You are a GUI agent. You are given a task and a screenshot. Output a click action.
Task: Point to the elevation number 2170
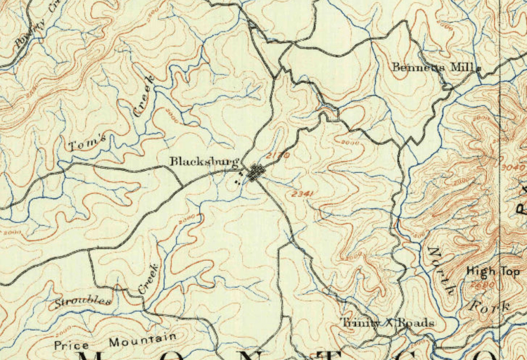coord(278,154)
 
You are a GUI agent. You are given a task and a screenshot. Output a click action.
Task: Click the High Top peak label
coord(493,271)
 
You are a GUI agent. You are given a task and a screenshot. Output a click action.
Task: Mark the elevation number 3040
coord(514,167)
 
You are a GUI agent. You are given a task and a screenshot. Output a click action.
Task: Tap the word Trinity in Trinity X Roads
coord(360,323)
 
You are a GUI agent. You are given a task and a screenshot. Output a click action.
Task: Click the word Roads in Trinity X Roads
coord(417,323)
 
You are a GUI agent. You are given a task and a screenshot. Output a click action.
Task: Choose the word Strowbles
coord(82,302)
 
